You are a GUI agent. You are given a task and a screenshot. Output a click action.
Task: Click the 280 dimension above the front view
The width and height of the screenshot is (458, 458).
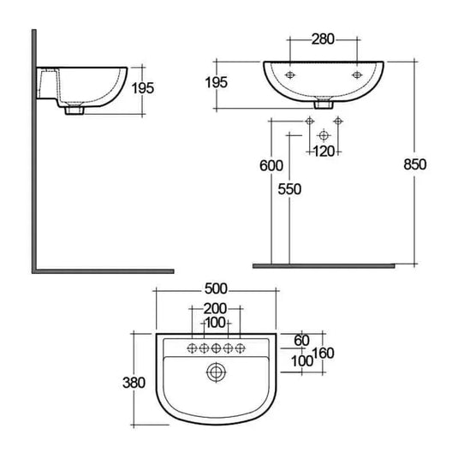323,39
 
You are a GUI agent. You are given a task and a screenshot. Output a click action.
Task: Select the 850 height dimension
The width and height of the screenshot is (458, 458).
414,164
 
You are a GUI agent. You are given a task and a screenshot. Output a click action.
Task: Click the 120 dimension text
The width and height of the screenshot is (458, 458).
323,152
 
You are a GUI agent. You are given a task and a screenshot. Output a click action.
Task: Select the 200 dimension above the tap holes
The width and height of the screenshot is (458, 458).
217,308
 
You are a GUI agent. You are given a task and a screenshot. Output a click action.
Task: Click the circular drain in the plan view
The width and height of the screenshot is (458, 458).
217,372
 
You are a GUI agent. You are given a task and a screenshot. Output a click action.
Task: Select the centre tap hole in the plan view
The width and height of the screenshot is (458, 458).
217,348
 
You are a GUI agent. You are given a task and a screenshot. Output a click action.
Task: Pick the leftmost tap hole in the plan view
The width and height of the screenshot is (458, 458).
193,348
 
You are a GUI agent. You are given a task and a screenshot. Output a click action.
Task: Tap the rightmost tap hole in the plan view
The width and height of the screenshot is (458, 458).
241,348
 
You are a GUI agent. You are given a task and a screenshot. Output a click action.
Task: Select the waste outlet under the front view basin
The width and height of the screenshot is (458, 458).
323,106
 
